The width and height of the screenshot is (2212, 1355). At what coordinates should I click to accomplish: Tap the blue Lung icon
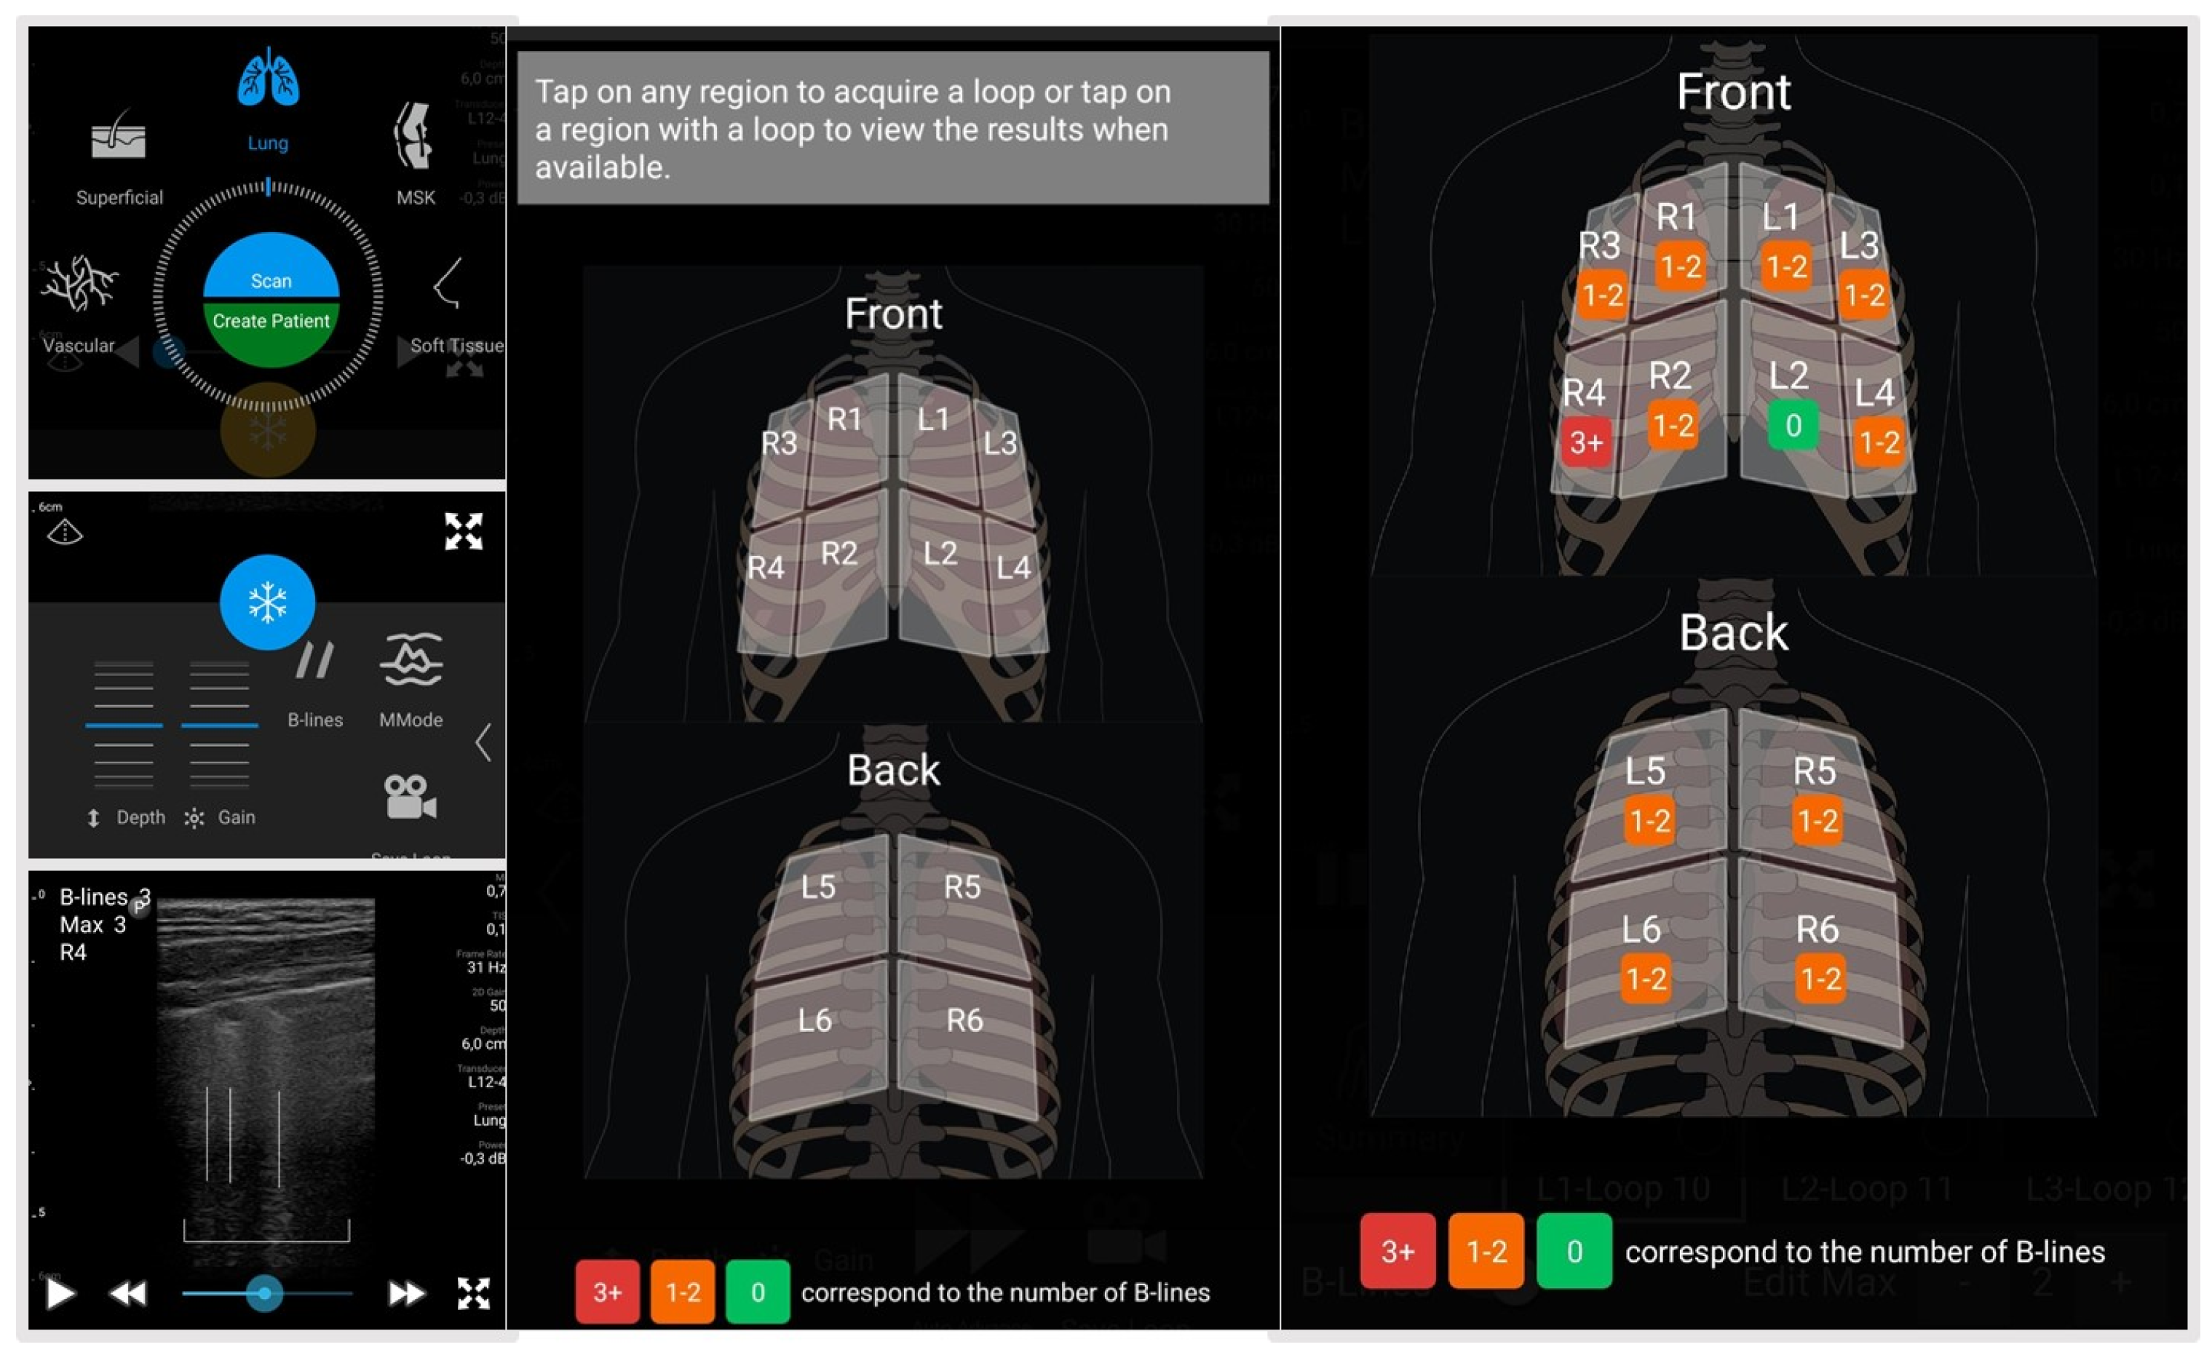click(268, 79)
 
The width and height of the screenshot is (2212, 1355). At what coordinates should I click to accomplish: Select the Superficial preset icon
click(118, 138)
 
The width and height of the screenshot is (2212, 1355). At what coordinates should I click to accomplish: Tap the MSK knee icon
click(414, 136)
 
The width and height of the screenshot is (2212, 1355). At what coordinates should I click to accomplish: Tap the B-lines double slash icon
click(314, 661)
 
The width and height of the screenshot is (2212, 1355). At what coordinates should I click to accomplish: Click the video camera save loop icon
click(409, 797)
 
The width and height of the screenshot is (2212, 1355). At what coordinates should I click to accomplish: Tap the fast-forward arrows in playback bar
click(405, 1293)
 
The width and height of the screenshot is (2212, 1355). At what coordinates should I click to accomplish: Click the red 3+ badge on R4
click(1585, 442)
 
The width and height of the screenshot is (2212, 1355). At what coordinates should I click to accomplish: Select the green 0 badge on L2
click(1793, 425)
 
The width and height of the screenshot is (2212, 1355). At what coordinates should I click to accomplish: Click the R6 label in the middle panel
click(964, 1020)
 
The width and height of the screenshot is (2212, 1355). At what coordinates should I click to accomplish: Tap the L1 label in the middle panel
click(932, 419)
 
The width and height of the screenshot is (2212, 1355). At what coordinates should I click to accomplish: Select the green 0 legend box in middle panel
click(757, 1292)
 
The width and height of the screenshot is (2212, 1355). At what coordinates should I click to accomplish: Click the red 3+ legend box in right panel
click(1397, 1251)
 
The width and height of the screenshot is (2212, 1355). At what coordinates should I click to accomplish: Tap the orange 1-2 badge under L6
click(1646, 978)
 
